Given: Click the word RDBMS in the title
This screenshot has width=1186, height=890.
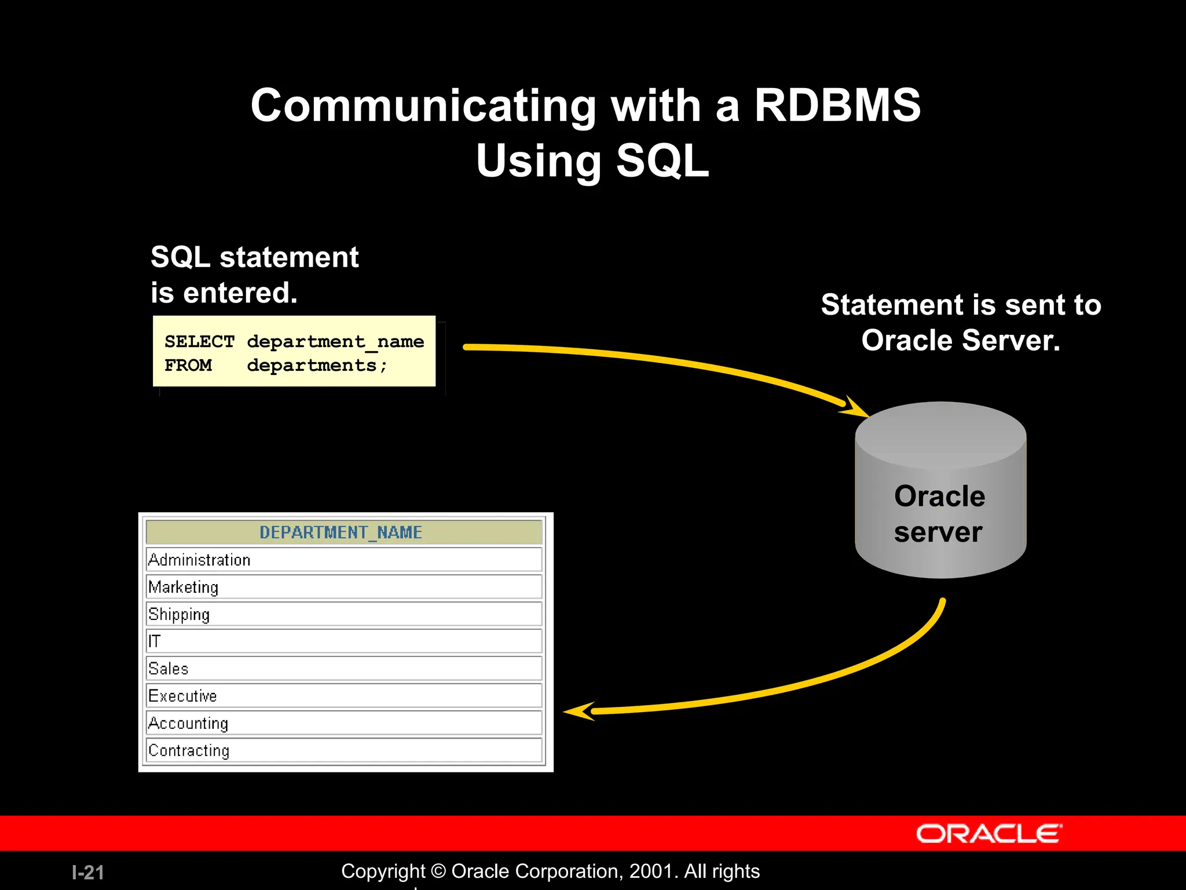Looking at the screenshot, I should coord(837,106).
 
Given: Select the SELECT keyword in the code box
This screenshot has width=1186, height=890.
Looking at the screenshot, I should coord(199,342).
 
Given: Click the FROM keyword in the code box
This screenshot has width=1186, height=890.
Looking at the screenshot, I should coord(188,366).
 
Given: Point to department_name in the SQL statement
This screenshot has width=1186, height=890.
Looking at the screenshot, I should coord(335,342).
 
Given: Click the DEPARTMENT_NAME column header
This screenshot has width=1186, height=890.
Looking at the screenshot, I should coord(341,532).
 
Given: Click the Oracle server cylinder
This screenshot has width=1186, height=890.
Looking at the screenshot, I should coord(940,510).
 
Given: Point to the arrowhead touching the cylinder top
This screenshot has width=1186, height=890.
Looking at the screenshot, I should coord(854,407).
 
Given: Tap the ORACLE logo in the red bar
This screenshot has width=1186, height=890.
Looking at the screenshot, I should coord(989,834).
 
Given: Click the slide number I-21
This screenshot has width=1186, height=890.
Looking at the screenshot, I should coord(88,873).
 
